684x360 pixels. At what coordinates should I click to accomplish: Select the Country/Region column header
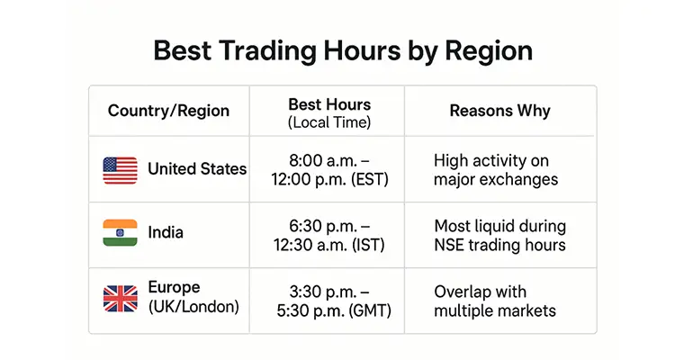click(x=168, y=112)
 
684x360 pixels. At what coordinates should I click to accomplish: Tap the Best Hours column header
click(x=328, y=104)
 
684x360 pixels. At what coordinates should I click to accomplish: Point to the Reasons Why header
click(x=499, y=112)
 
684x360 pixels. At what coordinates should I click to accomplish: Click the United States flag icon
click(x=120, y=169)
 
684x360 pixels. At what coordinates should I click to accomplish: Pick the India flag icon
click(x=120, y=232)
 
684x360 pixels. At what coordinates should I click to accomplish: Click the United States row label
click(x=196, y=169)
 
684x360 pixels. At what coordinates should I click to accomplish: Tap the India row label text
click(x=166, y=232)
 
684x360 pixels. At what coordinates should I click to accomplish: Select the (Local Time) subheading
click(x=328, y=121)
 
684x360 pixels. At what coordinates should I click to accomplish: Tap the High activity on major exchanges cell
click(x=495, y=170)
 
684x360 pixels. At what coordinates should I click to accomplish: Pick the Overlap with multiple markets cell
click(x=494, y=301)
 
